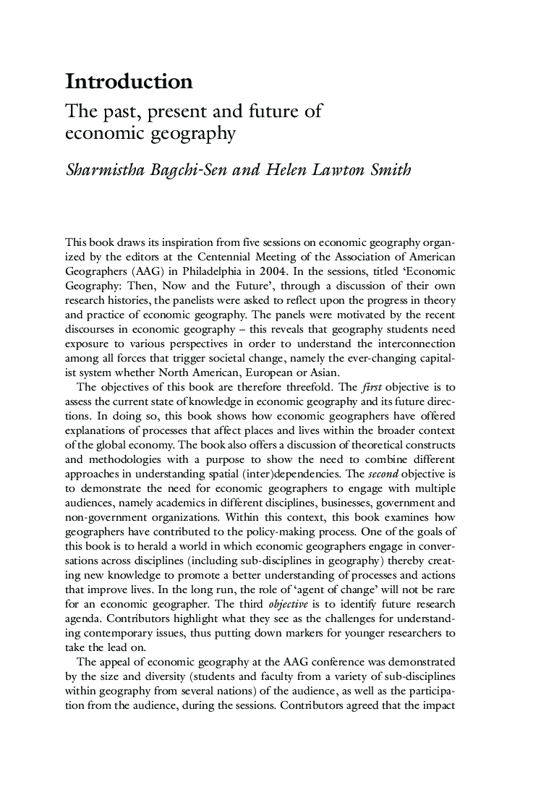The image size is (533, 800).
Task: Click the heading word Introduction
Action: click(x=129, y=82)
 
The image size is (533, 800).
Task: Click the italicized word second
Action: click(x=383, y=474)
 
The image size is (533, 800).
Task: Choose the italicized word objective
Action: click(x=288, y=603)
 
